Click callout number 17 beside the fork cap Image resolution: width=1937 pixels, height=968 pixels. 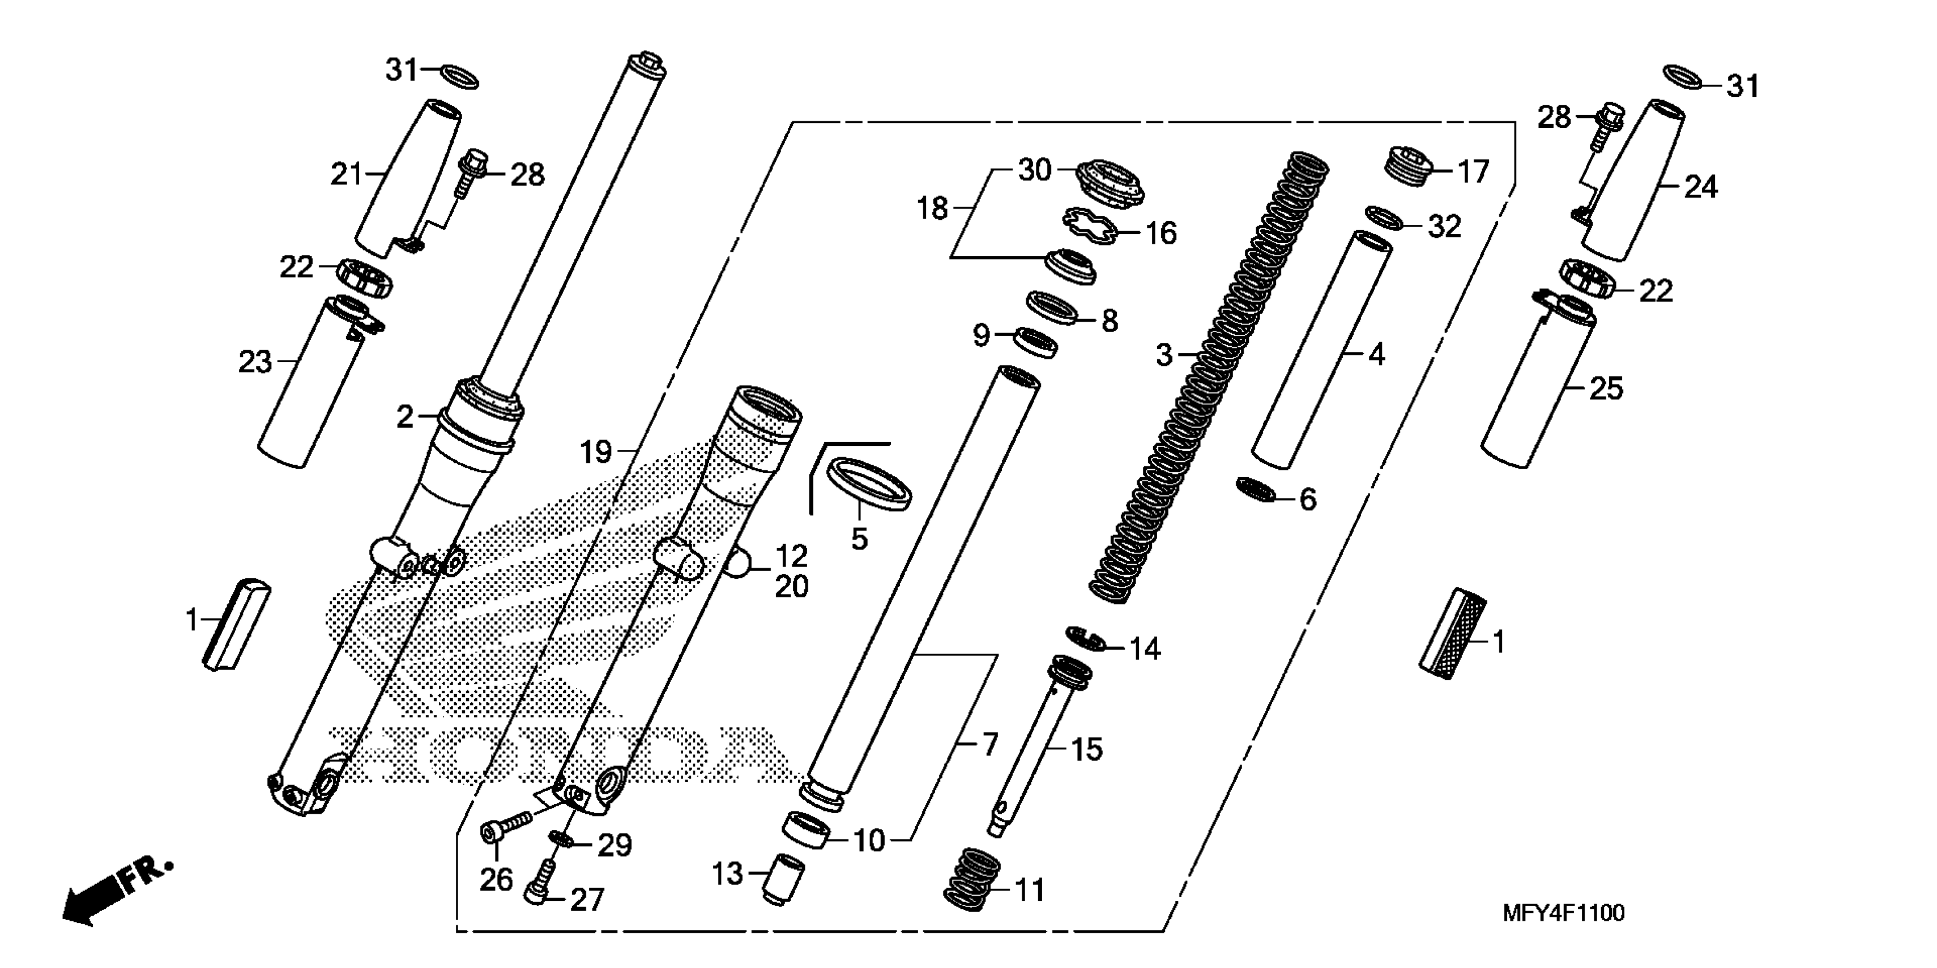[1473, 171]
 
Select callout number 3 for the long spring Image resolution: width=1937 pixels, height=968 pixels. [1164, 354]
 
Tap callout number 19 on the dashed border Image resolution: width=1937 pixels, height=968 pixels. [595, 452]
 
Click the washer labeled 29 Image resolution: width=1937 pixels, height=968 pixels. [562, 839]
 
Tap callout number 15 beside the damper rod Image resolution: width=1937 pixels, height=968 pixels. [1086, 749]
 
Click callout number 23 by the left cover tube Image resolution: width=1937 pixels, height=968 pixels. [255, 362]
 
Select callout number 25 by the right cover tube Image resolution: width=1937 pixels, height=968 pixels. [1605, 388]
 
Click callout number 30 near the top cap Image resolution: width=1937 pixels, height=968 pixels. [1034, 170]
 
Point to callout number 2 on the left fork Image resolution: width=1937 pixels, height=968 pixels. [405, 416]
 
